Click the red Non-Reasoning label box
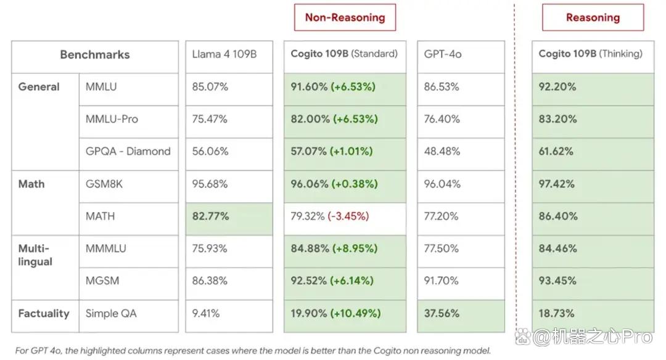(345, 17)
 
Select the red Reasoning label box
(593, 17)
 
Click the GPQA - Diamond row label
(128, 152)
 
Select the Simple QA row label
(111, 314)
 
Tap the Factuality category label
(43, 314)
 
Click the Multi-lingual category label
(35, 255)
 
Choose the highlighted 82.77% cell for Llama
(229, 219)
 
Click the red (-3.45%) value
(348, 216)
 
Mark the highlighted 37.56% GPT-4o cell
(461, 316)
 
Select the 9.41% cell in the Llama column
(229, 316)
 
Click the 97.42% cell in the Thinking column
(593, 187)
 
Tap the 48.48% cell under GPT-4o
(461, 155)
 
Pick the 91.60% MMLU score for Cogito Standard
(309, 87)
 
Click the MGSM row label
(102, 281)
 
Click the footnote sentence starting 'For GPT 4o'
(253, 351)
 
